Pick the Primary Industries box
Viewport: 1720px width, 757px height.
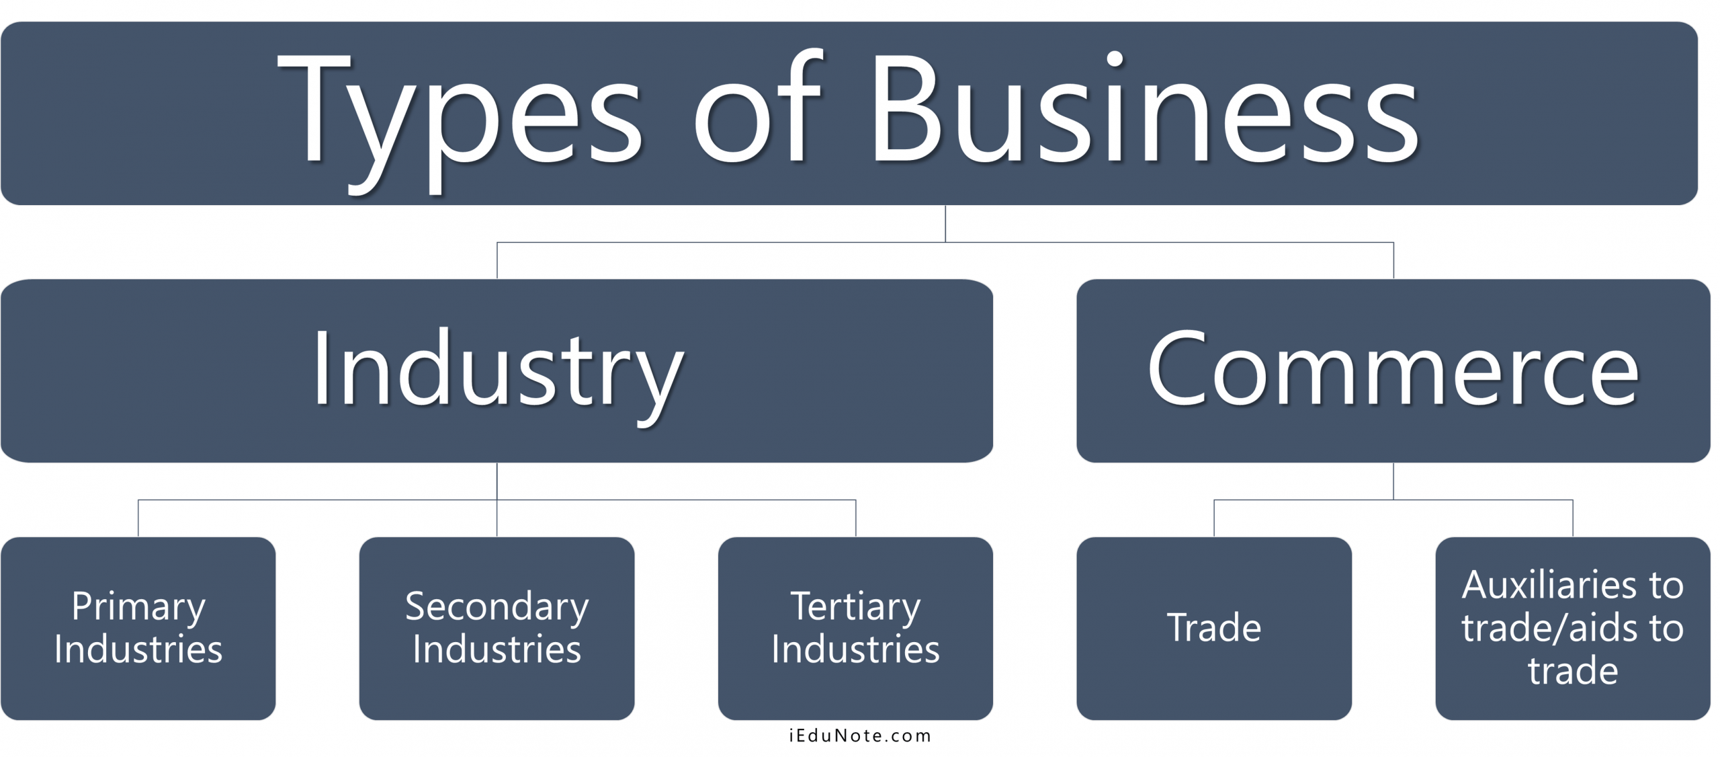click(x=138, y=629)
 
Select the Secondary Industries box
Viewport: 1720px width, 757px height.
click(x=497, y=629)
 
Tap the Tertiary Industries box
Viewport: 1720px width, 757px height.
click(x=855, y=629)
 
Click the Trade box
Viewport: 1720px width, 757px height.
click(x=1214, y=629)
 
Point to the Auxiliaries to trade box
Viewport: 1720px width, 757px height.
click(x=1573, y=629)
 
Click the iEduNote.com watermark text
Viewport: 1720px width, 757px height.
click(x=860, y=736)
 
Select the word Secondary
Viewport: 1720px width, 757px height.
click(x=497, y=608)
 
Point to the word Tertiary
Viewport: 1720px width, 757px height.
click(x=855, y=608)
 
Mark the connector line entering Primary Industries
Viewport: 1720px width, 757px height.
click(x=138, y=518)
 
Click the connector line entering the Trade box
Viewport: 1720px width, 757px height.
click(x=1214, y=518)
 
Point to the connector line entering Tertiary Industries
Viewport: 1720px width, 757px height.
click(x=855, y=518)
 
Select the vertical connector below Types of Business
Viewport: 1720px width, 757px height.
click(x=945, y=223)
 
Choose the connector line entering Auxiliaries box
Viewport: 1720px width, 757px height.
click(x=1573, y=518)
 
